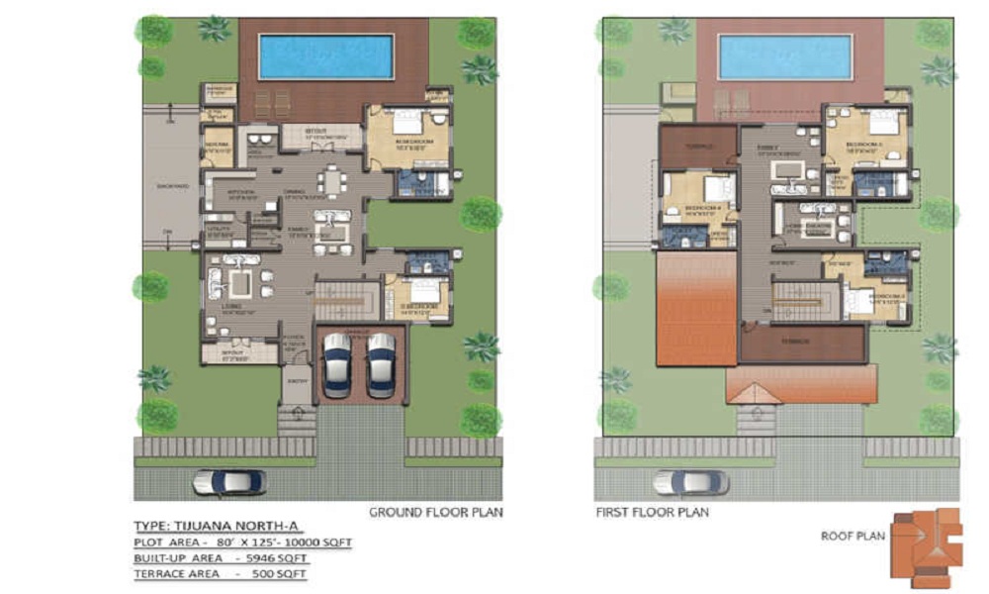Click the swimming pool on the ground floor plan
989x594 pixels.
[326, 56]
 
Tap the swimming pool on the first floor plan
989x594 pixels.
[785, 56]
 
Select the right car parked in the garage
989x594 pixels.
[381, 363]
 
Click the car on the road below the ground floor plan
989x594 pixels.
[229, 482]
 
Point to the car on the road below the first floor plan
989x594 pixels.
[690, 482]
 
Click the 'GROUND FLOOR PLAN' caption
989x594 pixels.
[436, 513]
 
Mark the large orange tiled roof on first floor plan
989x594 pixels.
[695, 308]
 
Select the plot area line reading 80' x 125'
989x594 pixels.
[242, 543]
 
